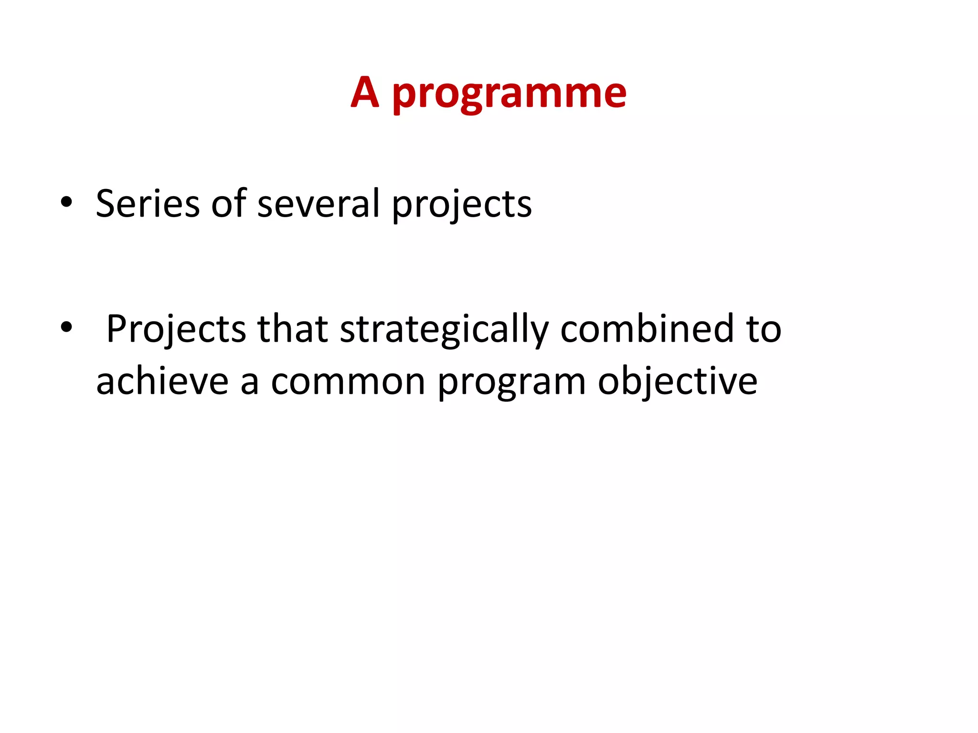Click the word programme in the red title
(509, 94)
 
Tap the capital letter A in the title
(365, 92)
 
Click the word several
(319, 204)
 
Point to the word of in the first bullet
(229, 204)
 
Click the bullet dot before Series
(66, 202)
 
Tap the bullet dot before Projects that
(66, 327)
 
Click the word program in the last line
(511, 385)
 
